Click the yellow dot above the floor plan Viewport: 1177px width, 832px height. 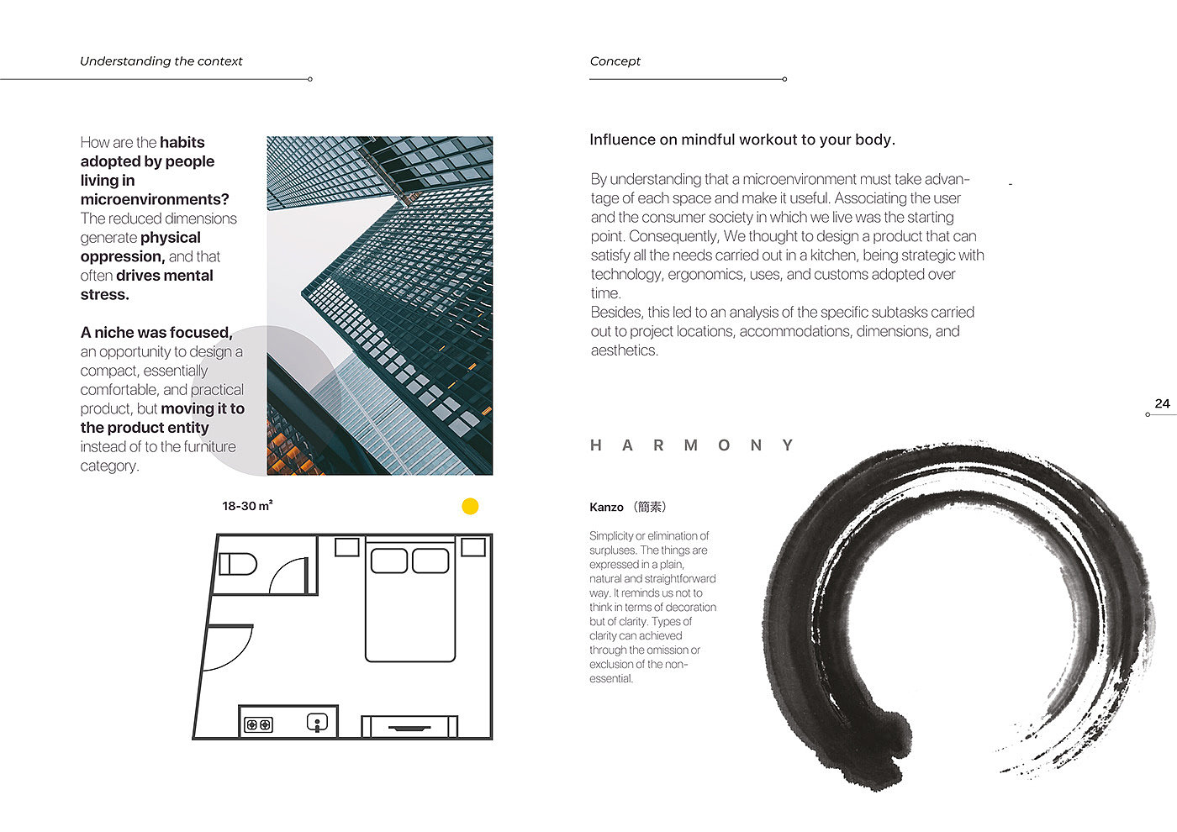coord(470,506)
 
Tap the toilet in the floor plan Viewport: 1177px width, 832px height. coord(238,564)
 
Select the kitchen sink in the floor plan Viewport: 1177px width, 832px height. coord(317,722)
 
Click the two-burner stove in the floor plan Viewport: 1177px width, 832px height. coord(258,724)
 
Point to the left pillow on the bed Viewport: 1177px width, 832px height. coord(388,561)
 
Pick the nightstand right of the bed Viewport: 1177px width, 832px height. coord(473,547)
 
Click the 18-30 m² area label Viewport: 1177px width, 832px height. coord(247,506)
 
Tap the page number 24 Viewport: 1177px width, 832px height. coord(1162,403)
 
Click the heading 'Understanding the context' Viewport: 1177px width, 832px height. coord(161,61)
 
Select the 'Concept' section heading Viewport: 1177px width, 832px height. coord(615,61)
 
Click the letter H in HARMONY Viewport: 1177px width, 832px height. coord(596,445)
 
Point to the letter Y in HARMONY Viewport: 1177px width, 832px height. coord(787,445)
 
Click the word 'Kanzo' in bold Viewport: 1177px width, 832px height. coord(606,508)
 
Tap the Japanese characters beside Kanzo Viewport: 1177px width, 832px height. coord(650,507)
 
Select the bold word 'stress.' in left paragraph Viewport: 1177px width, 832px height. coord(105,295)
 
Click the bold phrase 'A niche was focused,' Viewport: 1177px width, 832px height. coord(156,333)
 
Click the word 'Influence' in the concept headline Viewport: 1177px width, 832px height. coord(622,140)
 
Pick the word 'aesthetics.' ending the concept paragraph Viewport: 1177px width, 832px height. coord(624,350)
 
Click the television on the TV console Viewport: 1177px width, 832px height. coord(409,728)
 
